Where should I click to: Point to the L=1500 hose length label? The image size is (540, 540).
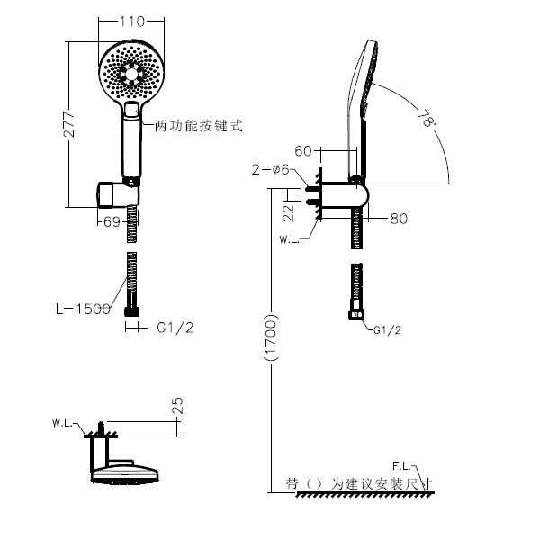82,309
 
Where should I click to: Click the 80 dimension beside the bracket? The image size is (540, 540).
399,218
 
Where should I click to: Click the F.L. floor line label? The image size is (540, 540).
400,466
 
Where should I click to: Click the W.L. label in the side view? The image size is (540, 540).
289,239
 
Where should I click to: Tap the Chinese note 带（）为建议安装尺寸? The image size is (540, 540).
358,483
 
